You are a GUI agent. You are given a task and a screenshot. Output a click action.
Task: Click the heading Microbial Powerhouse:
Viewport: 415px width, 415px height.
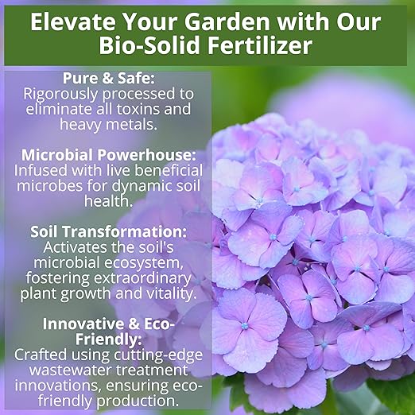107,154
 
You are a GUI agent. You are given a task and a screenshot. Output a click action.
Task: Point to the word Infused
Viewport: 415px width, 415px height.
41,169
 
